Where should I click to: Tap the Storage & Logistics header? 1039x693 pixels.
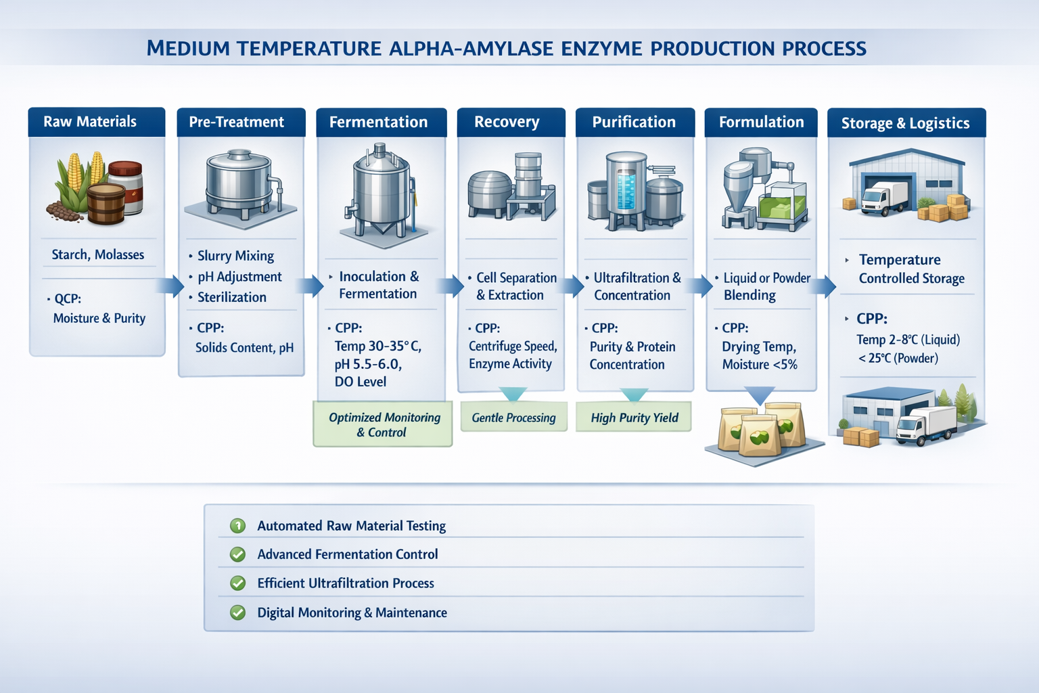point(906,123)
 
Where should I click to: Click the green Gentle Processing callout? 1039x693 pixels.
point(513,418)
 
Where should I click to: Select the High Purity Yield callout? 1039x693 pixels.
point(634,418)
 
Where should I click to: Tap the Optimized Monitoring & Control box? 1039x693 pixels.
point(383,425)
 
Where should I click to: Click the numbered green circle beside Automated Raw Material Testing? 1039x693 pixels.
point(237,526)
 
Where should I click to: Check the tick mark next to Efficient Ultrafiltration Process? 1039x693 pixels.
point(237,583)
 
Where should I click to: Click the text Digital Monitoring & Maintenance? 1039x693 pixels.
point(352,612)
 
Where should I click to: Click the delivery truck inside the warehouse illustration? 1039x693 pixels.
point(884,198)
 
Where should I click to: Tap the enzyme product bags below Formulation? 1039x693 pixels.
point(763,430)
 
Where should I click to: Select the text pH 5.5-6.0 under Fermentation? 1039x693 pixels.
point(368,364)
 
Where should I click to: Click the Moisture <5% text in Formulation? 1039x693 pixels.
point(759,365)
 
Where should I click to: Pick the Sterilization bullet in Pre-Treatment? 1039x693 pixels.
point(231,297)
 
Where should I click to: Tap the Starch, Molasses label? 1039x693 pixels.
point(98,255)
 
